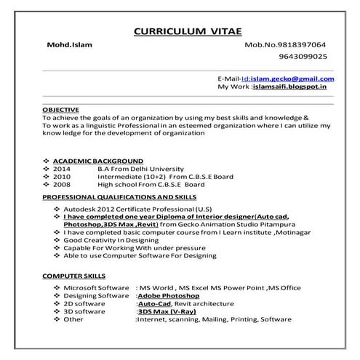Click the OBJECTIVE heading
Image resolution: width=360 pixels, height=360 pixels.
point(60,109)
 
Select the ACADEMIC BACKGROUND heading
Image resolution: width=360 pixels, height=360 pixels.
point(98,160)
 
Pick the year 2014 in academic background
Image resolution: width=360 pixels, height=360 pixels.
point(62,168)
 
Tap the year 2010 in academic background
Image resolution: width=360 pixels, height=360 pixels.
point(62,176)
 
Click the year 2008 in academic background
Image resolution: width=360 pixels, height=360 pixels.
point(62,184)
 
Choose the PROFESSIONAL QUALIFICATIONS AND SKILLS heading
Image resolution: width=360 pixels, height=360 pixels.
point(119,197)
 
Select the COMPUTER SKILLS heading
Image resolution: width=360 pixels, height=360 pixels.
point(74,276)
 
